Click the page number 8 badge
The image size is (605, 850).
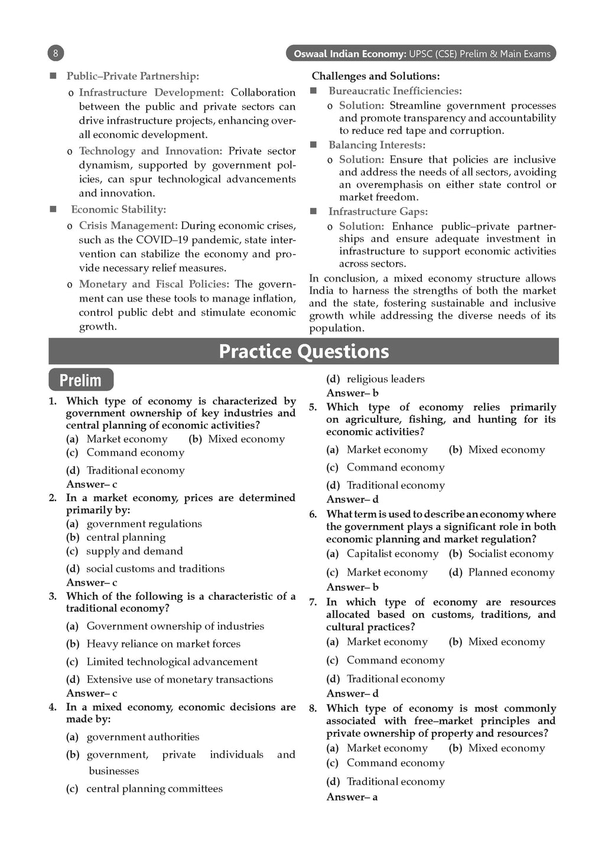55,54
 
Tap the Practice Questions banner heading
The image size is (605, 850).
304,351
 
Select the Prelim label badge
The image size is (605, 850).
80,380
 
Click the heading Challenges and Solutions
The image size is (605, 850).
376,76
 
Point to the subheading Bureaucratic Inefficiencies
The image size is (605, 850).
395,91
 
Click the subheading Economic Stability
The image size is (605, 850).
118,210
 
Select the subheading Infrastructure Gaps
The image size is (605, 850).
378,211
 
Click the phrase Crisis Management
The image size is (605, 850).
128,225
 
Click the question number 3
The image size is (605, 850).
53,596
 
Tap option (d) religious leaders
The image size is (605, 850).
375,379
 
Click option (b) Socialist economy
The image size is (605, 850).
501,554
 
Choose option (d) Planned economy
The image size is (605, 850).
502,572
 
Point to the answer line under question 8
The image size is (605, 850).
352,797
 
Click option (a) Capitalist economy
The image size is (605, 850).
382,554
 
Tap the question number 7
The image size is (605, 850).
313,602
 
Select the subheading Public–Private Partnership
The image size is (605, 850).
132,76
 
